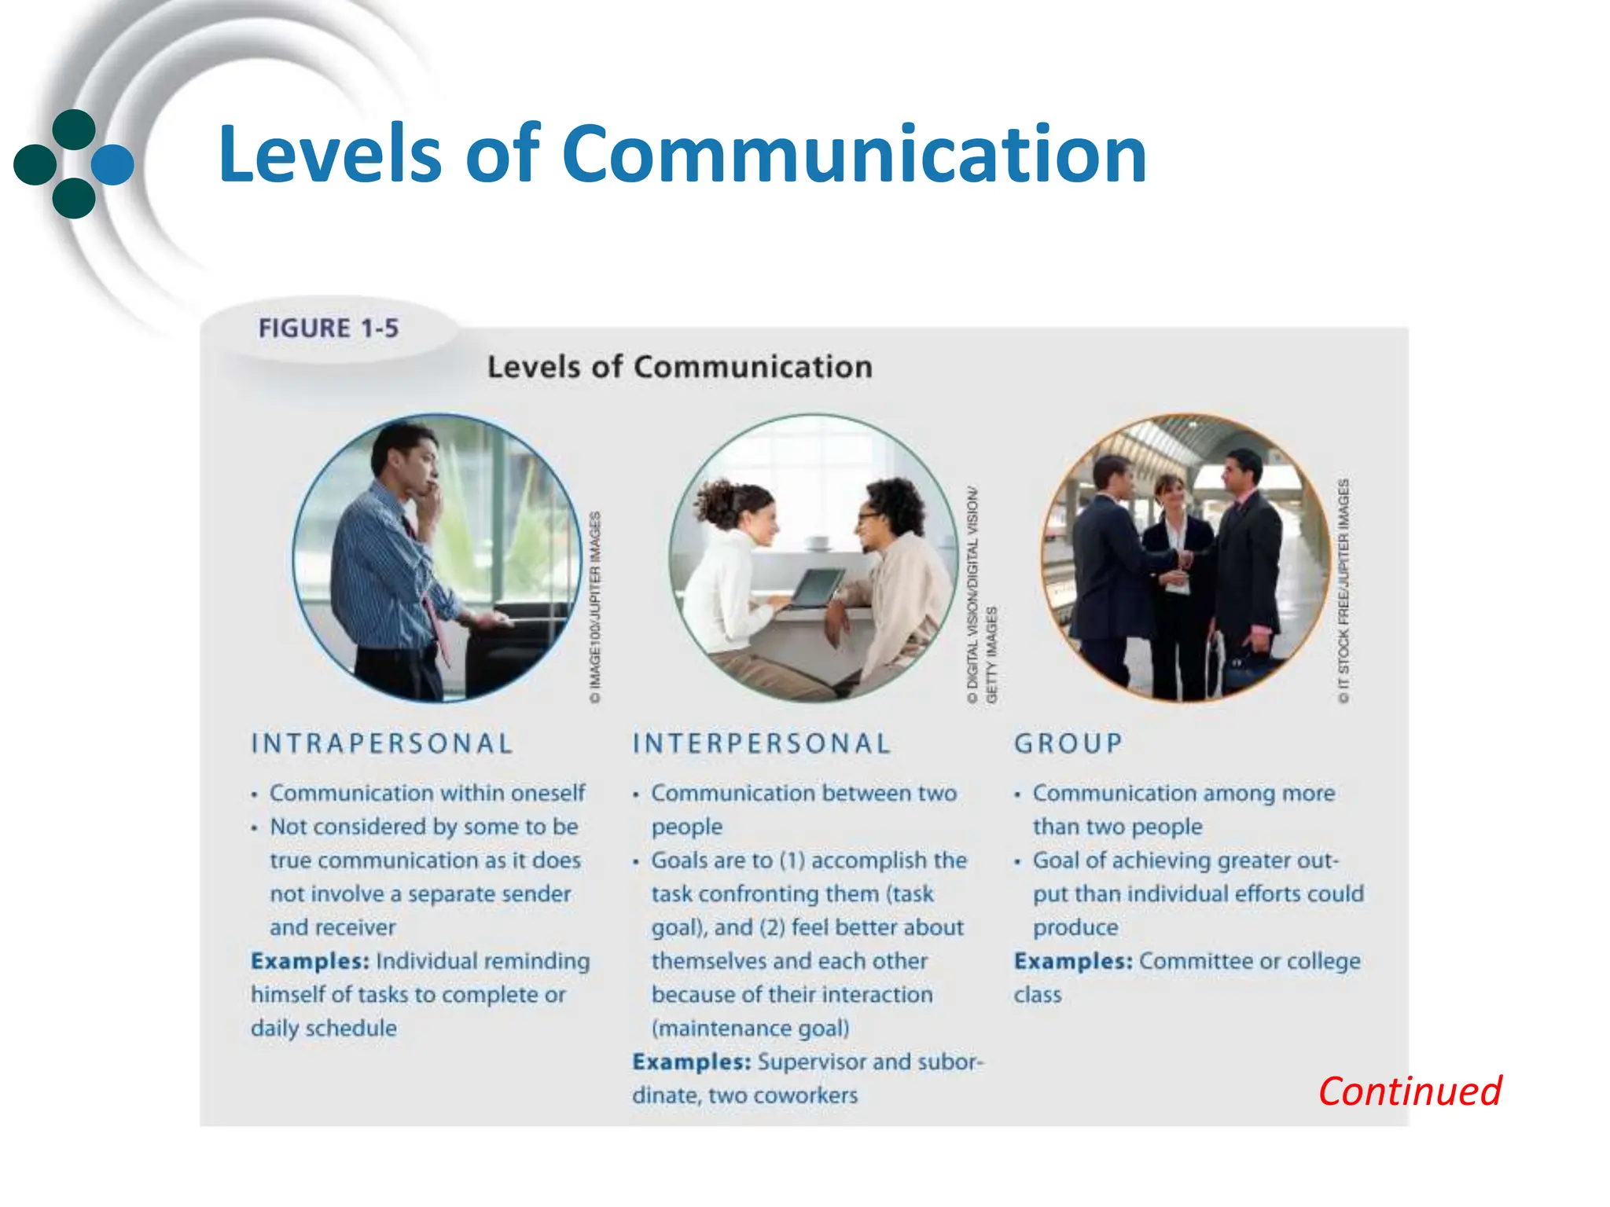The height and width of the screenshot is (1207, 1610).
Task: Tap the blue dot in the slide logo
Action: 113,165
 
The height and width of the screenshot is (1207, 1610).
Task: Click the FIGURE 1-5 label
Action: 329,328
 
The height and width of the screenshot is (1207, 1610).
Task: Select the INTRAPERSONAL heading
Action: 382,743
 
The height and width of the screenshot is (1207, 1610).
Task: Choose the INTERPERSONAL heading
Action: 762,743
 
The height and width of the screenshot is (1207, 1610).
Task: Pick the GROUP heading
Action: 1068,743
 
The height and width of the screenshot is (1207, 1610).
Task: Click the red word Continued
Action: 1410,1091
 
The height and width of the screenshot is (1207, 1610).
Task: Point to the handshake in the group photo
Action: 1186,559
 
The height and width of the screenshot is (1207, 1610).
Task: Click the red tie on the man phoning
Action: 432,605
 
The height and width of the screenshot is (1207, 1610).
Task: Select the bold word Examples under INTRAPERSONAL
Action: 310,961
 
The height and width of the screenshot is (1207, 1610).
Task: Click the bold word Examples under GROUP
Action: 1073,961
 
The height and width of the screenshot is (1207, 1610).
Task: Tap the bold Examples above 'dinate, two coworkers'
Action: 692,1062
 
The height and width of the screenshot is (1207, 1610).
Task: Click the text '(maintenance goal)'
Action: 750,1028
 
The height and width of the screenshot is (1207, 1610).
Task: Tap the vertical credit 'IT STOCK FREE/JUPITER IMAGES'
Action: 1344,589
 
